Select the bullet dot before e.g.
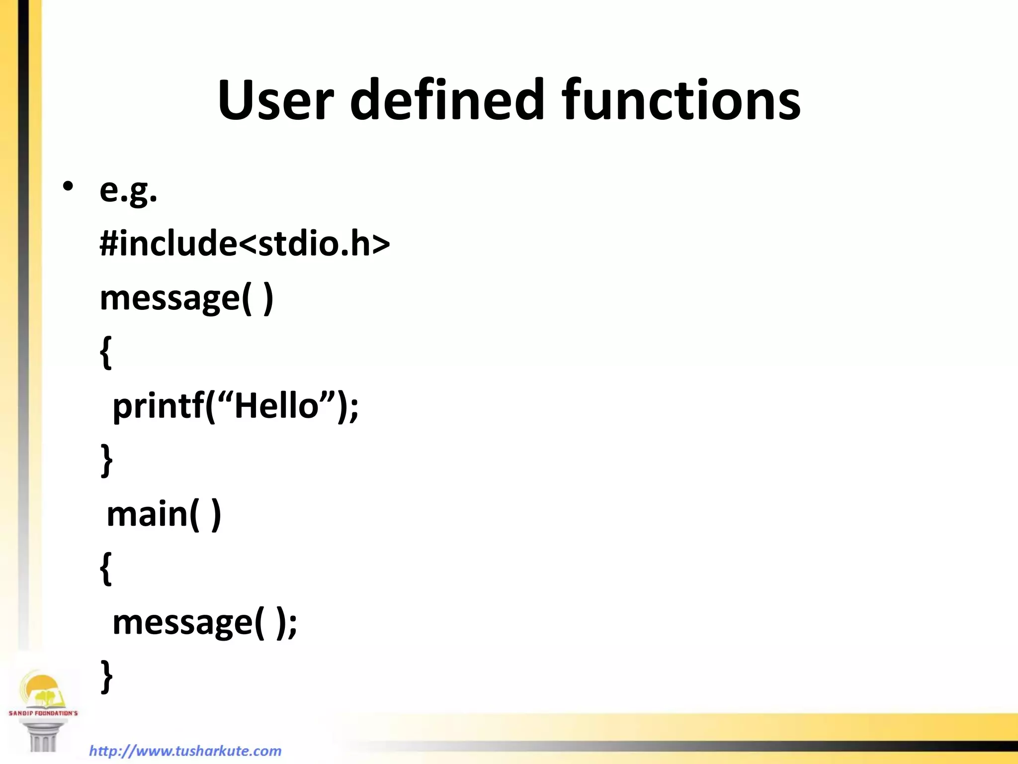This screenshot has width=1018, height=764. pos(68,187)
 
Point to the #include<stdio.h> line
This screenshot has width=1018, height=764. pos(245,244)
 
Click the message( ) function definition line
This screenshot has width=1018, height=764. pos(186,298)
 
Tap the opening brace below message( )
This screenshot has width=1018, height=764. pos(105,352)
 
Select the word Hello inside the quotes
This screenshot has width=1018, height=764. pos(276,405)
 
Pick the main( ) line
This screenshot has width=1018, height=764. pos(164,515)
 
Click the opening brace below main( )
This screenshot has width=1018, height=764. pos(105,568)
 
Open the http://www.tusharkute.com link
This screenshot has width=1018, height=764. pos(185,751)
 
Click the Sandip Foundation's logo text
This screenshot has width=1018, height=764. pos(43,713)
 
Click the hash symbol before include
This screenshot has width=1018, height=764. pos(108,244)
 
